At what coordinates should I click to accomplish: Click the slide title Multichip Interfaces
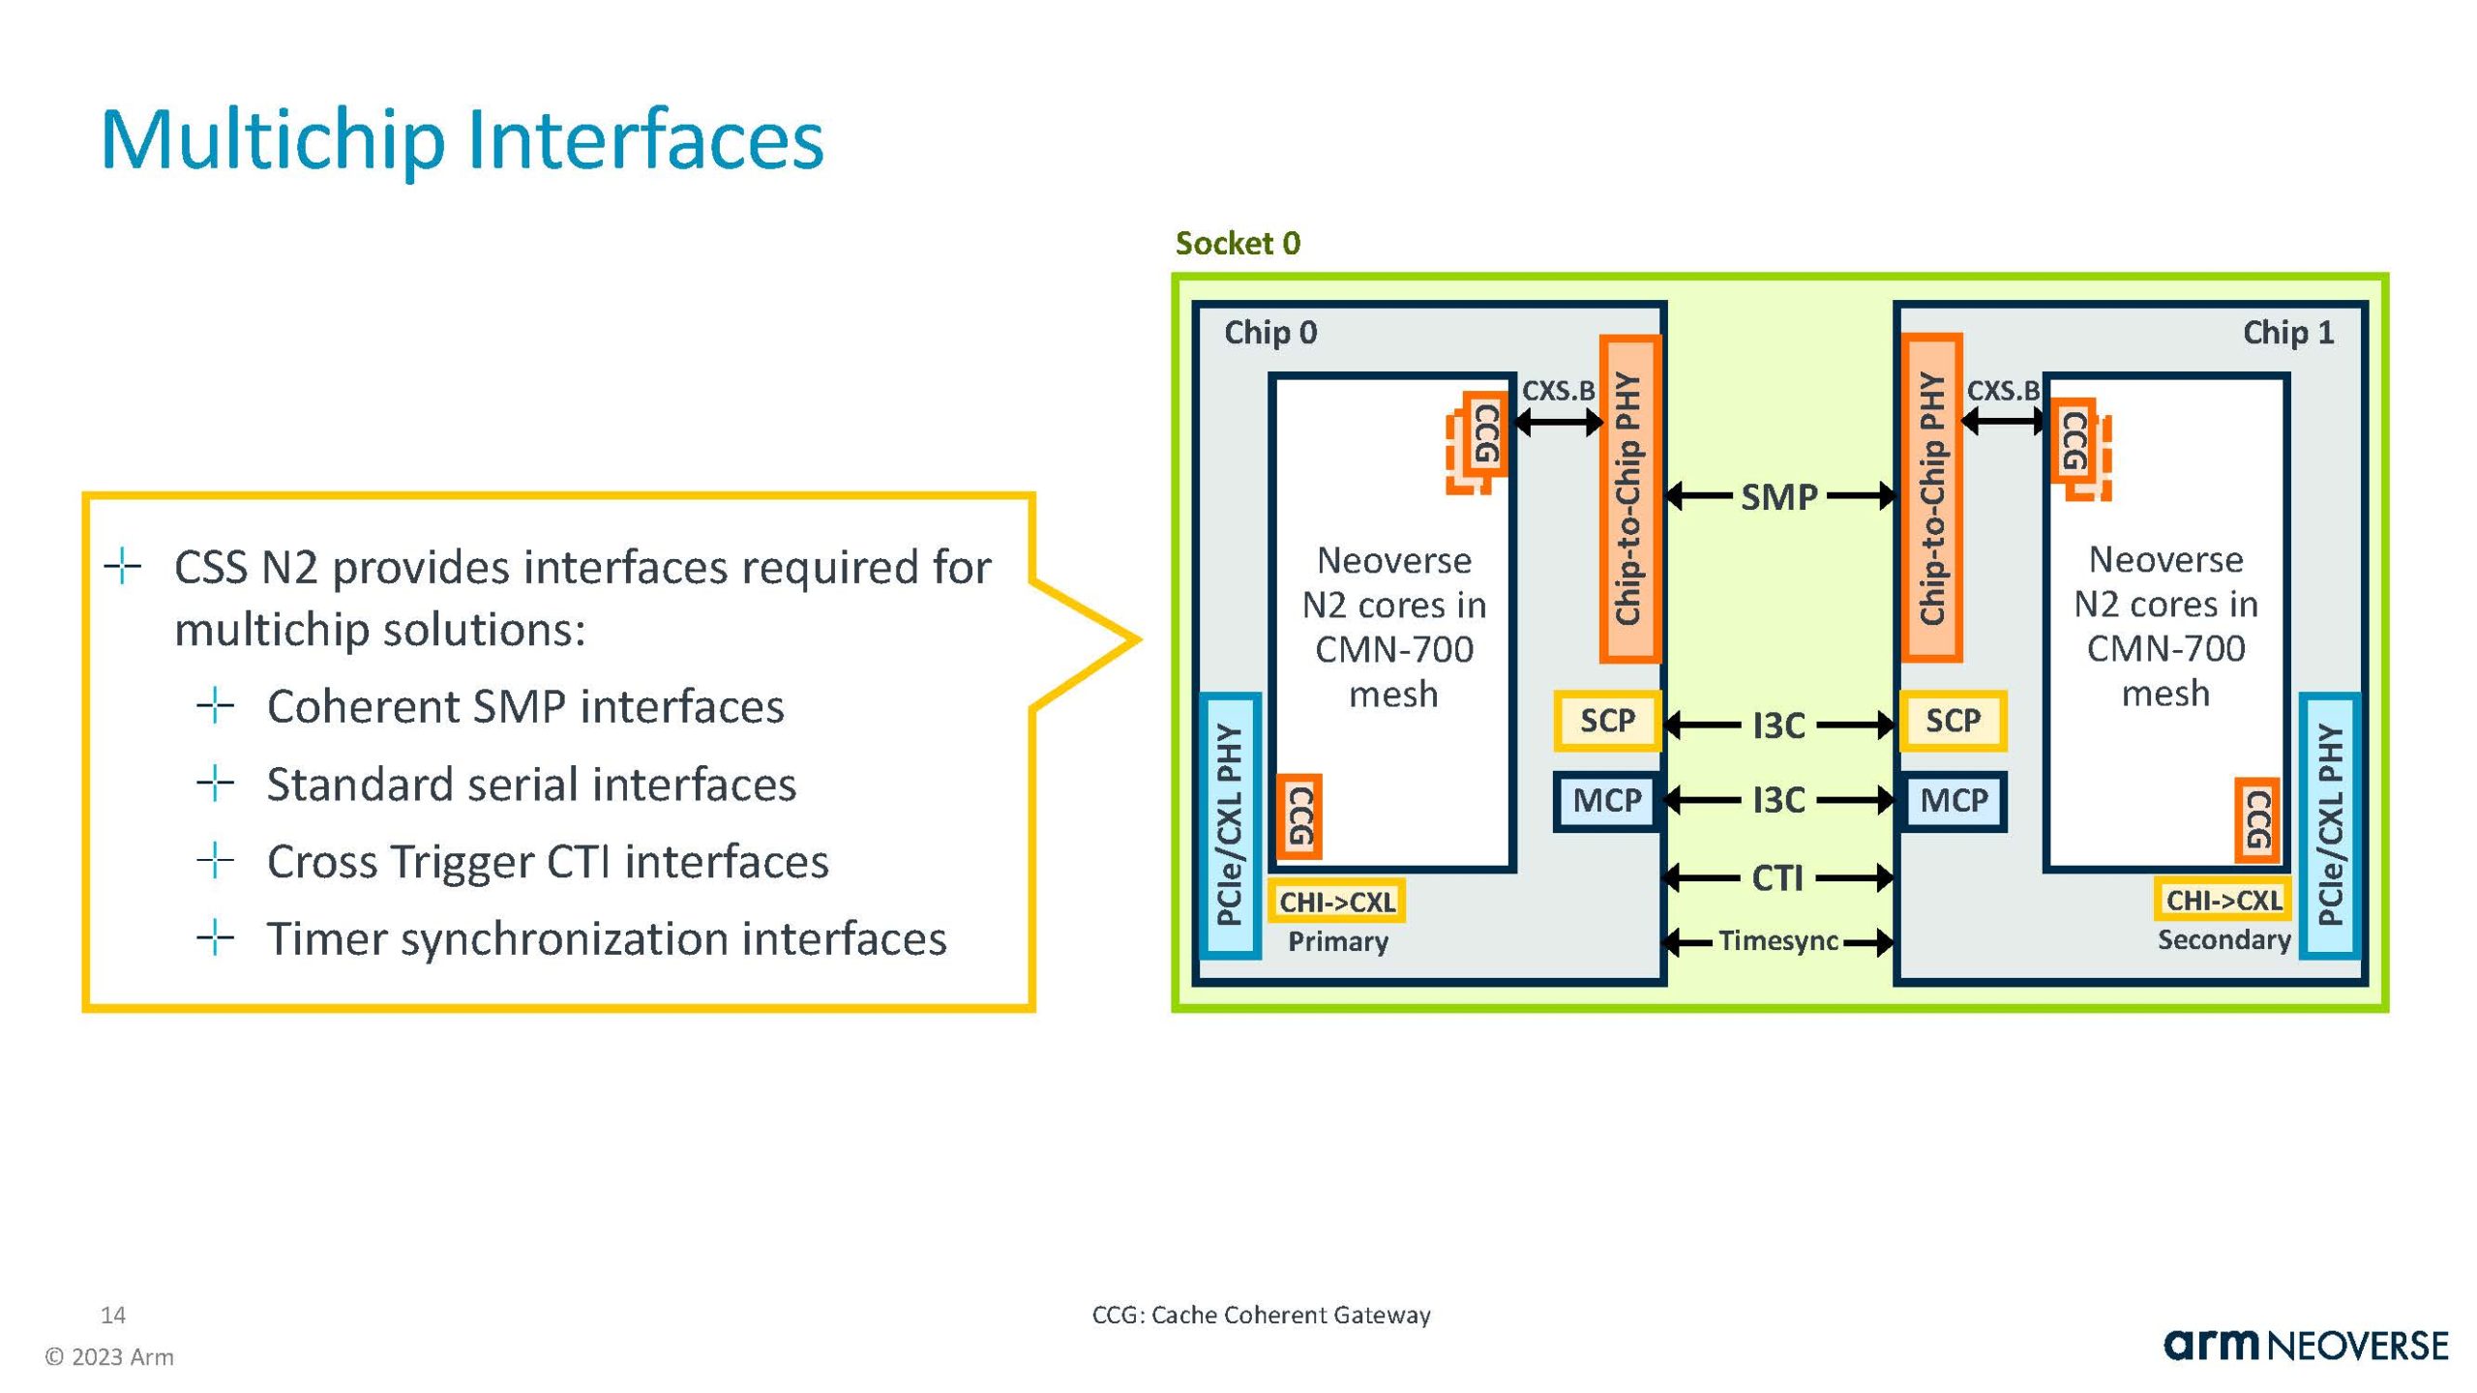pyautogui.click(x=462, y=140)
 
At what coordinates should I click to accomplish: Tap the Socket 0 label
pyautogui.click(x=1238, y=243)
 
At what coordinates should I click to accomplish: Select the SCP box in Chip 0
pyautogui.click(x=1607, y=721)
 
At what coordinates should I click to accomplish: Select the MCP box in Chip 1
pyautogui.click(x=1954, y=801)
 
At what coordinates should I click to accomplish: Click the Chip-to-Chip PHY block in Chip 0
pyautogui.click(x=1629, y=498)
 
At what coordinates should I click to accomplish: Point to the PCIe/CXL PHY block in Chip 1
pyautogui.click(x=2330, y=825)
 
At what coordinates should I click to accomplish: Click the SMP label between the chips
pyautogui.click(x=1778, y=497)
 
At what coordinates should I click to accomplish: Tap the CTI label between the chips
pyautogui.click(x=1777, y=878)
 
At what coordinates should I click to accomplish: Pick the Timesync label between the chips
pyautogui.click(x=1777, y=940)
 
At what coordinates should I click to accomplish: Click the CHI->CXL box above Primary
pyautogui.click(x=1337, y=903)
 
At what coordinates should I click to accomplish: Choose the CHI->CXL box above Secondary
pyautogui.click(x=2223, y=901)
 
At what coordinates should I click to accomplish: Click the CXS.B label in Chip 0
pyautogui.click(x=1558, y=391)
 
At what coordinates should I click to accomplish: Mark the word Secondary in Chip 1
pyautogui.click(x=2223, y=940)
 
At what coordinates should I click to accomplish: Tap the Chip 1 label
pyautogui.click(x=2287, y=333)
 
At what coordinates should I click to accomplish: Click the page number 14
pyautogui.click(x=113, y=1315)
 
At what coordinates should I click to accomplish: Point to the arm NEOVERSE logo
pyautogui.click(x=2306, y=1346)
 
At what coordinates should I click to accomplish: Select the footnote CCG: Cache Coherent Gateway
pyautogui.click(x=1261, y=1315)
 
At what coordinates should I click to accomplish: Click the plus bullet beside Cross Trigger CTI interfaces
pyautogui.click(x=215, y=860)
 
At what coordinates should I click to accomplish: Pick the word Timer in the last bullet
pyautogui.click(x=326, y=938)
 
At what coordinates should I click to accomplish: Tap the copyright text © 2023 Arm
pyautogui.click(x=109, y=1357)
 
